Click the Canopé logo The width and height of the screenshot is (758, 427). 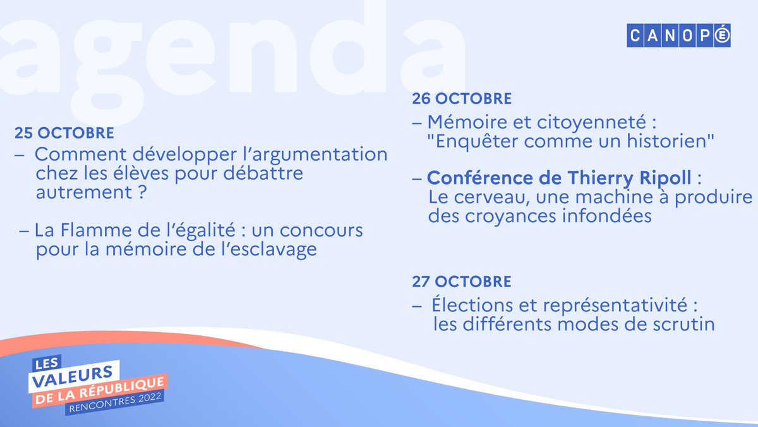click(x=678, y=36)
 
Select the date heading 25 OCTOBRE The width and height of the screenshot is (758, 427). click(x=64, y=133)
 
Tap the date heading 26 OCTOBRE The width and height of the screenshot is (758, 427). click(x=462, y=99)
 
